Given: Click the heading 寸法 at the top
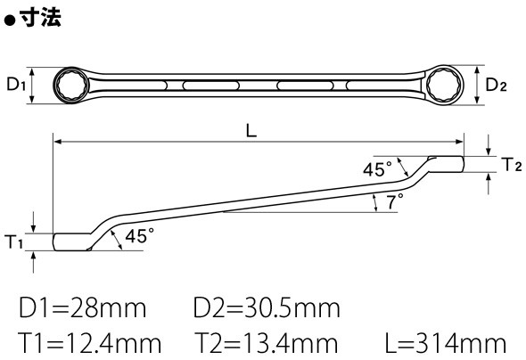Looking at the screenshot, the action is tap(40, 17).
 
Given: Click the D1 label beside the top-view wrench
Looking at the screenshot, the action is tap(16, 84).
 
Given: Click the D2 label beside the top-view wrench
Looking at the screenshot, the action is tap(497, 85).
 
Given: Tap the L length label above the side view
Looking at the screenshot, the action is tap(251, 130).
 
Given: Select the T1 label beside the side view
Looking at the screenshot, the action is tap(13, 241).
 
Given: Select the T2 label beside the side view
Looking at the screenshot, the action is tap(512, 165).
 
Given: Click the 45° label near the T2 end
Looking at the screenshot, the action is tap(377, 169).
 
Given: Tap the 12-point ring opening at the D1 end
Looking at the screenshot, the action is tap(70, 86).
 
